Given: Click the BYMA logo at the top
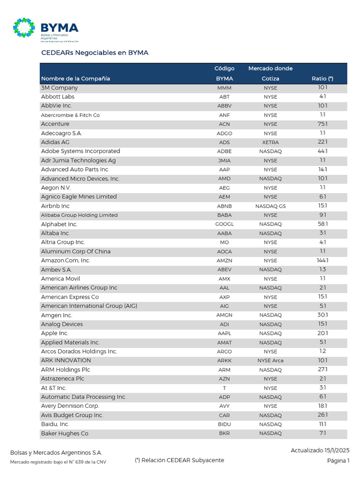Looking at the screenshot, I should coord(45,29).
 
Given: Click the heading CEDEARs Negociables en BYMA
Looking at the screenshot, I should coord(95,53).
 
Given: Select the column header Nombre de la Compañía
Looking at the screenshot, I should coord(75,79).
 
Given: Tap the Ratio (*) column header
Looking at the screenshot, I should coord(322,79).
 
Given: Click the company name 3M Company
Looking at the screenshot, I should coord(60,88).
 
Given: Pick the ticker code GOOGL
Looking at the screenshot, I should coord(224,225).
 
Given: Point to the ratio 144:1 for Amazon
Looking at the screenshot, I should coord(322,261).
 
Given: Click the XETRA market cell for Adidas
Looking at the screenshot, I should coord(270,142).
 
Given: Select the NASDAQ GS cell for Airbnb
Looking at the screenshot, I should coord(270,206).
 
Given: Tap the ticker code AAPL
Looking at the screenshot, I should coord(224,334).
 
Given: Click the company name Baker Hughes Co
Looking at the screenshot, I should coord(65,434).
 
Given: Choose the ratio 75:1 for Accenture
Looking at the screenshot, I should coord(322,124).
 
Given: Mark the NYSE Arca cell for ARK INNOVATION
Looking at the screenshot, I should coord(270,361).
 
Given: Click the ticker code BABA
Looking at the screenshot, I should coord(224,215).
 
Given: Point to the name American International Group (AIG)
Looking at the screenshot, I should coord(89,306).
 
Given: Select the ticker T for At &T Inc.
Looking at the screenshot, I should coord(224,388).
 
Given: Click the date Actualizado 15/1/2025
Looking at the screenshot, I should coord(320,450).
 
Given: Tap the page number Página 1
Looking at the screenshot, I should coord(338,461).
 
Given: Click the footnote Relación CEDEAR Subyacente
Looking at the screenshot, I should coord(179,460).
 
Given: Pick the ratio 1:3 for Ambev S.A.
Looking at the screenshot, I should coord(322,270).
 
